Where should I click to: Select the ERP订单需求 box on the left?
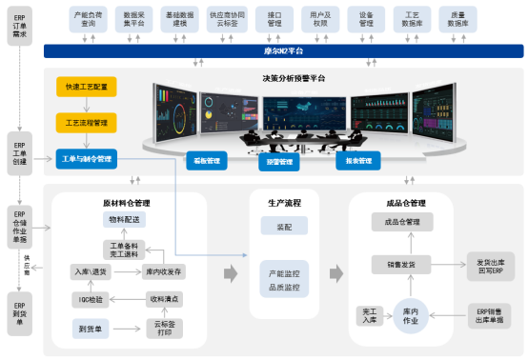click(x=20, y=25)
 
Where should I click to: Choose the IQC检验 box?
click(x=91, y=299)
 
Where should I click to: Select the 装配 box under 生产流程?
click(x=285, y=228)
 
